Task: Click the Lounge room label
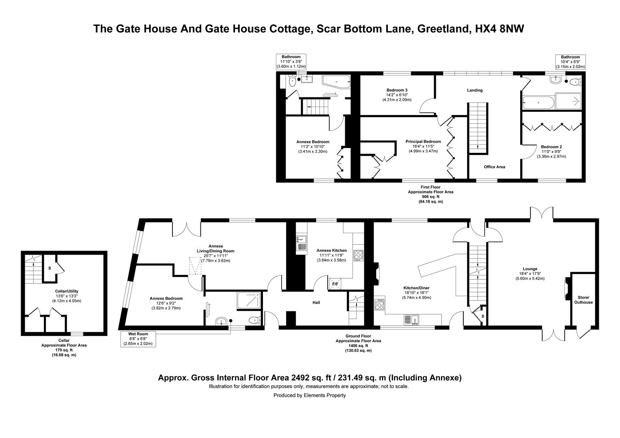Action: click(530, 269)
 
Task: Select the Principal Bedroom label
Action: click(423, 142)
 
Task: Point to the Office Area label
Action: click(494, 167)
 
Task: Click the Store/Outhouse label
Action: click(585, 300)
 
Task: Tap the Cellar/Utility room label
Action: click(67, 291)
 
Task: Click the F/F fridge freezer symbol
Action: click(336, 284)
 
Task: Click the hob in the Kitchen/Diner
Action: click(379, 305)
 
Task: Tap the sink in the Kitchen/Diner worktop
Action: click(413, 320)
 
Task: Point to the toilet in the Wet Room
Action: click(254, 320)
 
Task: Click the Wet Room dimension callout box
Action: click(138, 339)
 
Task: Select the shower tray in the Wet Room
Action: click(249, 301)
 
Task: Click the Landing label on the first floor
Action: click(474, 90)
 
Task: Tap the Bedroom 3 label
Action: click(397, 90)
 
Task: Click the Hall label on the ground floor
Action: click(316, 303)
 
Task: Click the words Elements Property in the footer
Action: click(325, 395)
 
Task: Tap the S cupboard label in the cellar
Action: click(50, 268)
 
